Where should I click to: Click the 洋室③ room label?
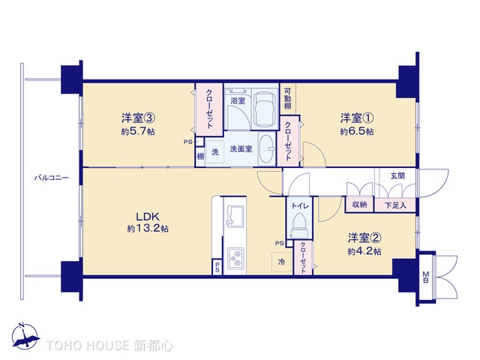coord(139,118)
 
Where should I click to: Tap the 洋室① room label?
coord(357,118)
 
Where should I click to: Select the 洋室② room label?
coord(364,238)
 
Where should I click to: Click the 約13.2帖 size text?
coord(146,228)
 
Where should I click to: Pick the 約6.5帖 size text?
coord(357,131)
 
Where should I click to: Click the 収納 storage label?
coord(359,205)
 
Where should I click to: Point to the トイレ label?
coord(299,203)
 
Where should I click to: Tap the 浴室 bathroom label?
coord(238,99)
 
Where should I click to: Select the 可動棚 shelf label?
coord(288,100)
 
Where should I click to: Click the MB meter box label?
coord(426,274)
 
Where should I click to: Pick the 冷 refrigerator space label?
coord(282,262)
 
